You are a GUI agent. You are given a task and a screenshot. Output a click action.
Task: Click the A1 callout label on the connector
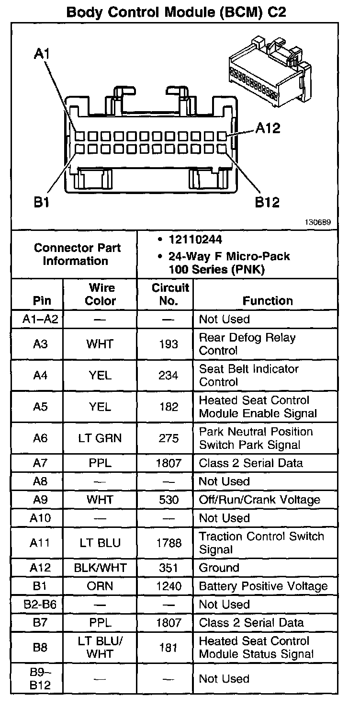(42, 54)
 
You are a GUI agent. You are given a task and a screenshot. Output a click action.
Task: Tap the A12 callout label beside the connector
(268, 128)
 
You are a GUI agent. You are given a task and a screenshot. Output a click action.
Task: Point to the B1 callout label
(42, 203)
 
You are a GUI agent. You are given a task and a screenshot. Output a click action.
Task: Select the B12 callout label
(267, 203)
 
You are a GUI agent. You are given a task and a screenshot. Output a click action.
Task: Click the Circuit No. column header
(170, 294)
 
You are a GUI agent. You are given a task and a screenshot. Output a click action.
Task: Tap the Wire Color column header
(101, 294)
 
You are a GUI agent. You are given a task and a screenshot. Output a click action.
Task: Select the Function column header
(268, 301)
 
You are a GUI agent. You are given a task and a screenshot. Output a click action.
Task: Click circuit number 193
(168, 344)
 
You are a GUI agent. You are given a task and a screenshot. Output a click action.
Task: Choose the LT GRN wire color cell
(101, 438)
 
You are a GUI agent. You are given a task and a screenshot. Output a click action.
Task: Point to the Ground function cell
(219, 568)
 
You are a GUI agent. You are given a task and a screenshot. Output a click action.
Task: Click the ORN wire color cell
(100, 586)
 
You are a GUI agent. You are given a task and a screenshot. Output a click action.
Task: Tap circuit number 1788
(169, 543)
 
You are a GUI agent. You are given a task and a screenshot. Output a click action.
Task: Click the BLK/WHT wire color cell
(100, 568)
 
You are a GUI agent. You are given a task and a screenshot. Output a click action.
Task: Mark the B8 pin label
(40, 647)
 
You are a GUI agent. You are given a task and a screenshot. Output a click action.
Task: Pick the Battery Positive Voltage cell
(263, 586)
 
